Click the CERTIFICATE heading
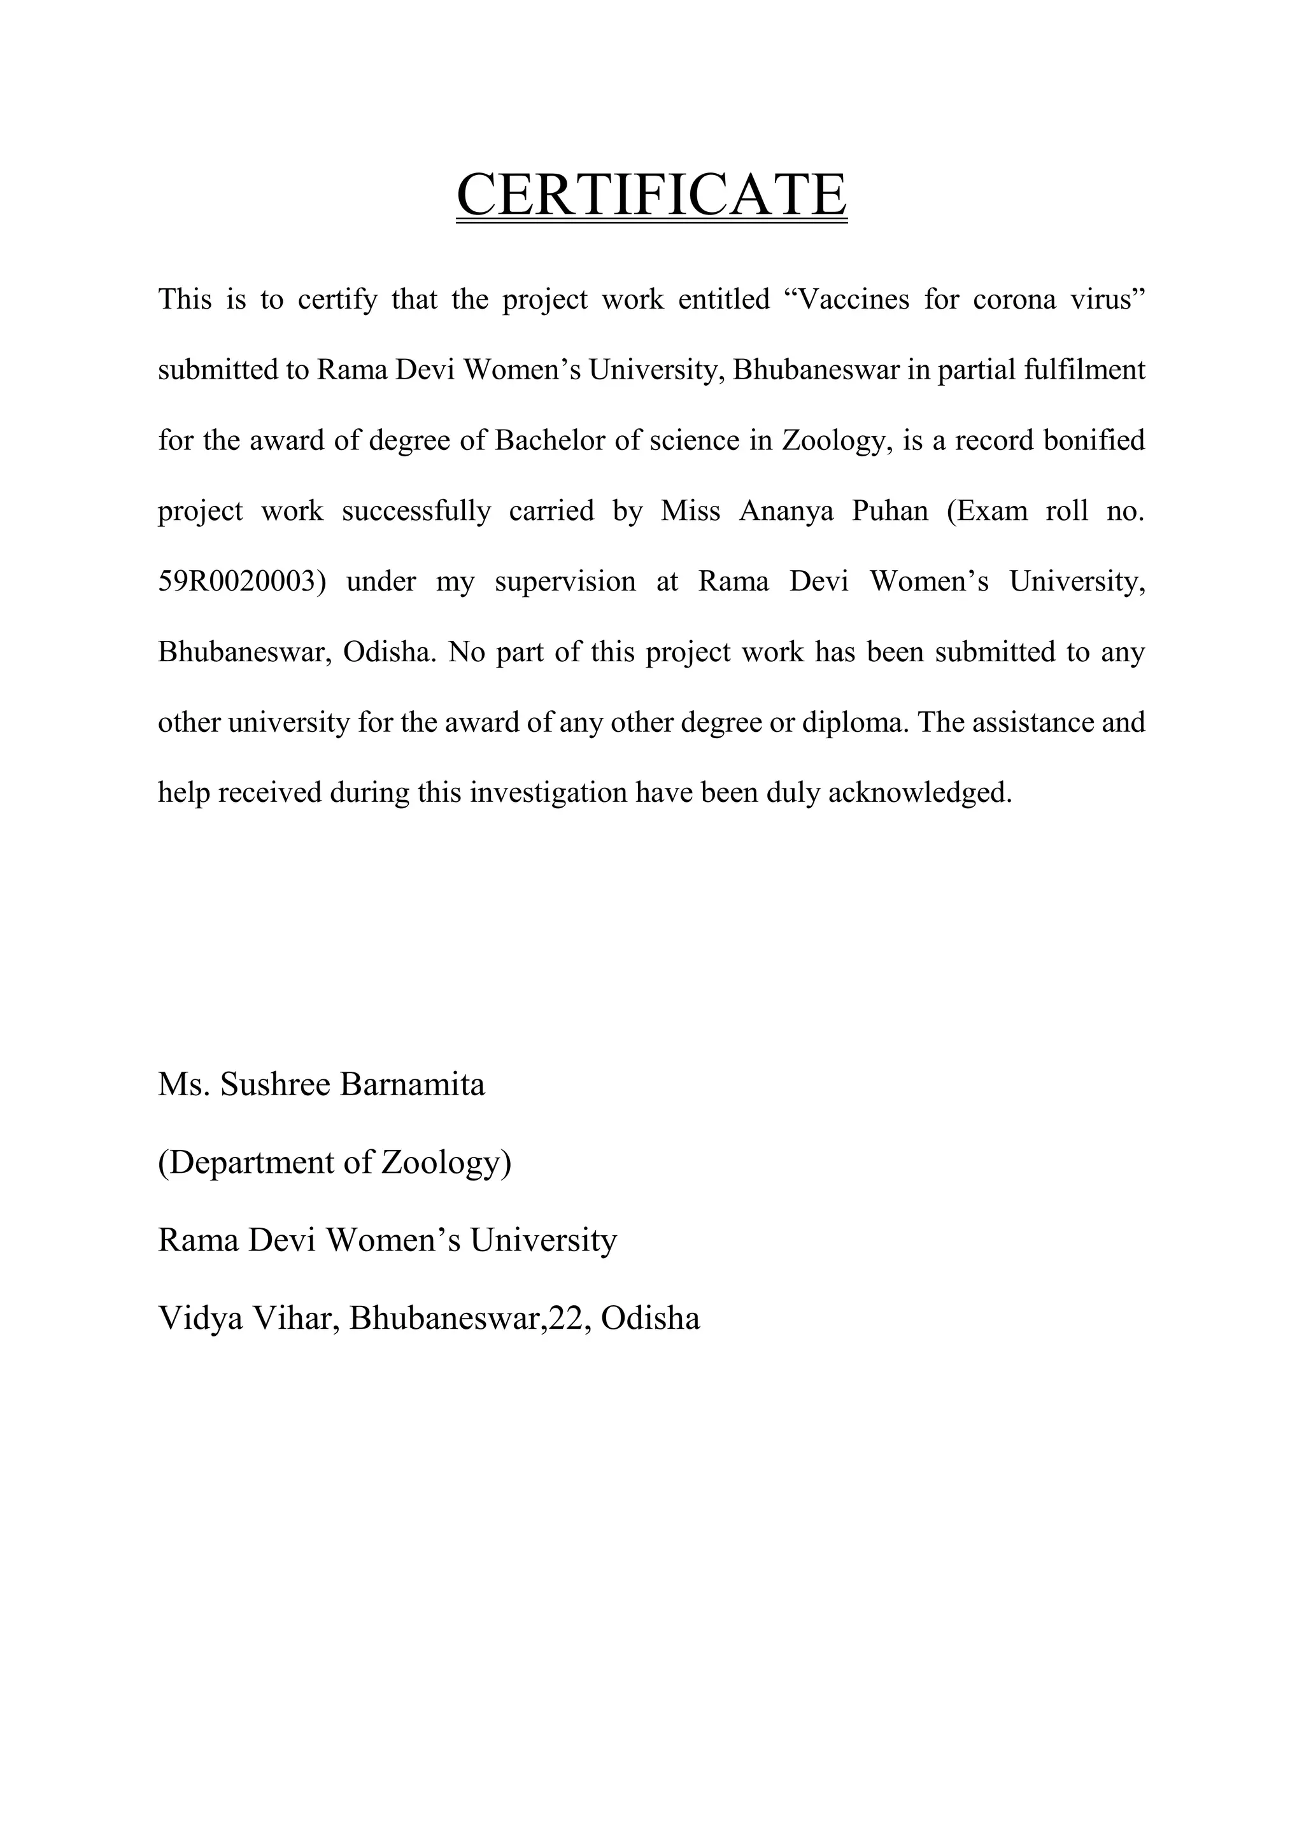tap(651, 195)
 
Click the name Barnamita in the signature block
tap(413, 1085)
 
